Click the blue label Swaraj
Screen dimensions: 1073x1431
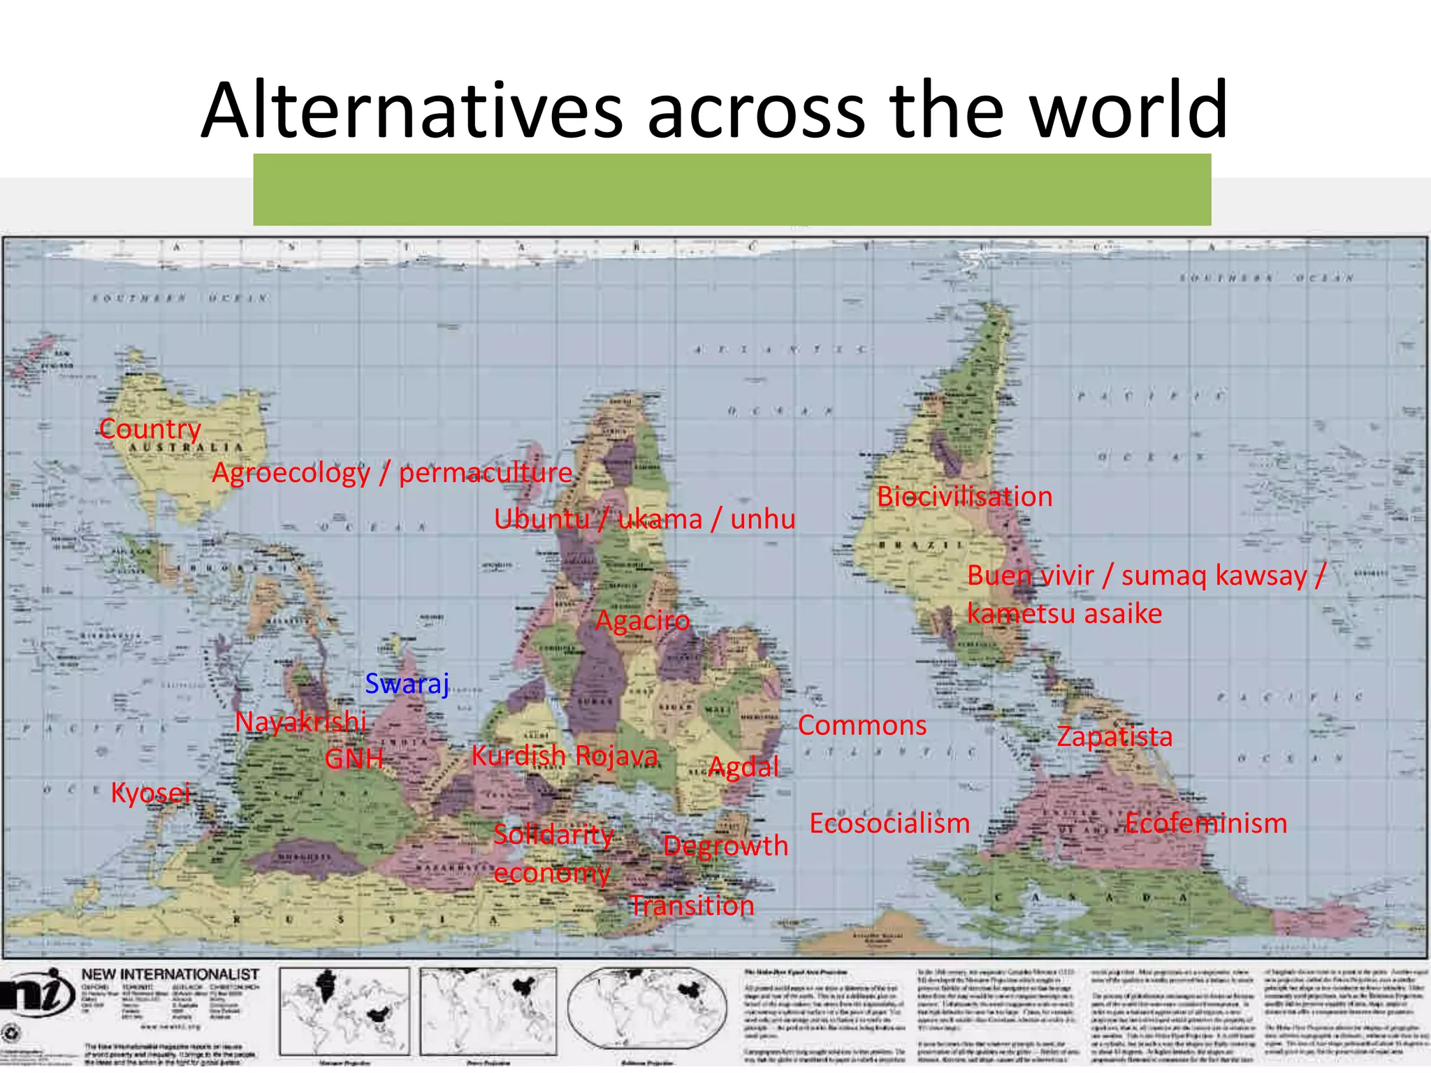pyautogui.click(x=407, y=683)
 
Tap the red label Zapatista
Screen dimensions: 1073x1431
pyautogui.click(x=1114, y=736)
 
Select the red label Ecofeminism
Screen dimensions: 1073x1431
pyautogui.click(x=1206, y=823)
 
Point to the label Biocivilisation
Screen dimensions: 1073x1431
pyautogui.click(x=964, y=497)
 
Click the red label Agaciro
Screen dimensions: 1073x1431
pyautogui.click(x=642, y=620)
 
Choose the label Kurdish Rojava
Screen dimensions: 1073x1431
pyautogui.click(x=565, y=756)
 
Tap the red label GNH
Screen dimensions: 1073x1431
pyautogui.click(x=354, y=759)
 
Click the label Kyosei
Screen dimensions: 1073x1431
pyautogui.click(x=150, y=793)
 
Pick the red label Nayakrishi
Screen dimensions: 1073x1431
pyautogui.click(x=300, y=722)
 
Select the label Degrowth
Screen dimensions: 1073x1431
pyautogui.click(x=725, y=846)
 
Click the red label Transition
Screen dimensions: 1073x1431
pyautogui.click(x=692, y=906)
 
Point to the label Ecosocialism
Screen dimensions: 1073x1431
pyautogui.click(x=889, y=823)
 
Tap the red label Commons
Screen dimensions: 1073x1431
pyautogui.click(x=862, y=725)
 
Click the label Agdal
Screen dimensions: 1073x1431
pyautogui.click(x=743, y=767)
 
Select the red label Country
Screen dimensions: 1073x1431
pyautogui.click(x=150, y=429)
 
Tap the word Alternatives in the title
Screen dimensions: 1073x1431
pyautogui.click(x=412, y=110)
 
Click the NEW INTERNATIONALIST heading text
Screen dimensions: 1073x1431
pyautogui.click(x=170, y=974)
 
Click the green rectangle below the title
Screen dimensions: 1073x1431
pyautogui.click(x=732, y=189)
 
